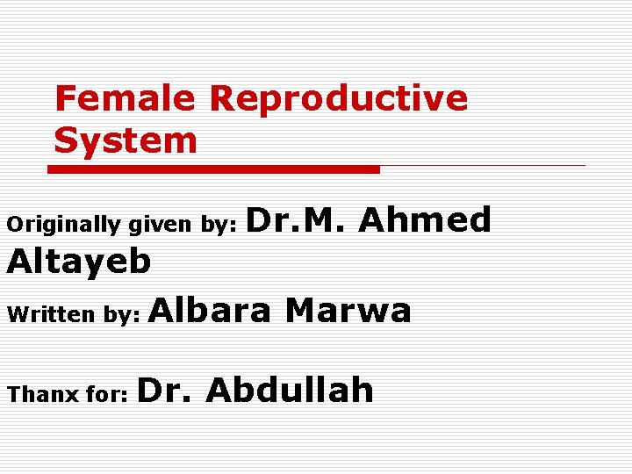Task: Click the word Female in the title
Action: (125, 98)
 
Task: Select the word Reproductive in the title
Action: (338, 98)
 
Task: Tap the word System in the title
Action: (126, 140)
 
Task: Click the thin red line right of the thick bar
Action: (483, 165)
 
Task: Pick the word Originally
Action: (64, 225)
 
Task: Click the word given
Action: (161, 225)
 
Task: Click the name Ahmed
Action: (425, 219)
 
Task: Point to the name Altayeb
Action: (79, 261)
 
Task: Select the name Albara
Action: (212, 310)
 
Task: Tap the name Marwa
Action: (348, 310)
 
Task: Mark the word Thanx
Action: (43, 395)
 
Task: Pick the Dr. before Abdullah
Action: (165, 390)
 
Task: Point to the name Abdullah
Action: (290, 390)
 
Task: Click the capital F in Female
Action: (65, 98)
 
